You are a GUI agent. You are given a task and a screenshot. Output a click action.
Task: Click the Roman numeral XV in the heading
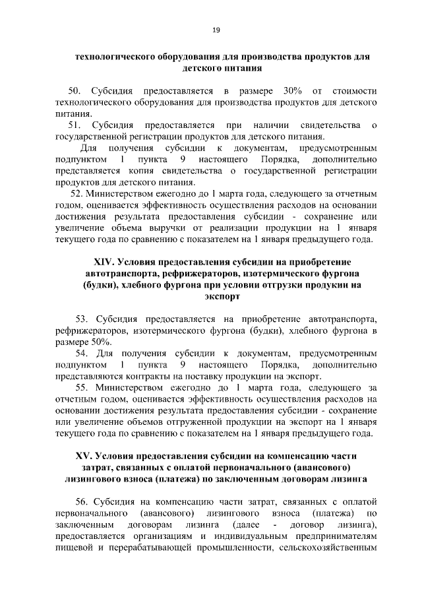click(86, 456)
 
